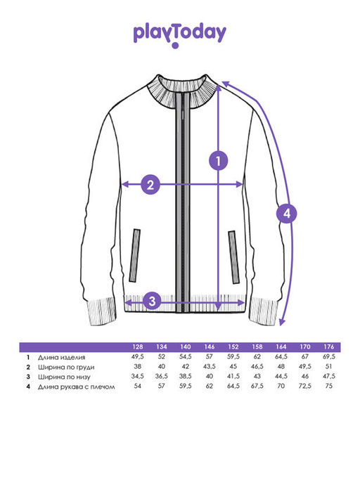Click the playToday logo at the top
coord(180,35)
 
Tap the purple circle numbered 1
coord(219,160)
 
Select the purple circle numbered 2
coord(150,185)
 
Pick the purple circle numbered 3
coord(153,301)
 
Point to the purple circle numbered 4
coord(286,214)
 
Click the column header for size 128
coord(138,347)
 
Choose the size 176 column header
coord(329,347)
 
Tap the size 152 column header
coord(233,347)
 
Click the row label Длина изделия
coord(62,357)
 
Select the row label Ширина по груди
coord(66,367)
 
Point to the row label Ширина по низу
coord(64,377)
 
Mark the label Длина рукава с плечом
coord(77,387)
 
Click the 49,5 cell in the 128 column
coord(138,356)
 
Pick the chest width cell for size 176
coord(329,366)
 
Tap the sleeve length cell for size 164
coord(281,386)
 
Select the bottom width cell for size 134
coord(162,376)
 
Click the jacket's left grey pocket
coord(134,255)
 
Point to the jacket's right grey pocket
coord(233,257)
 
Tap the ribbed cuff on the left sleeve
coord(103,311)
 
